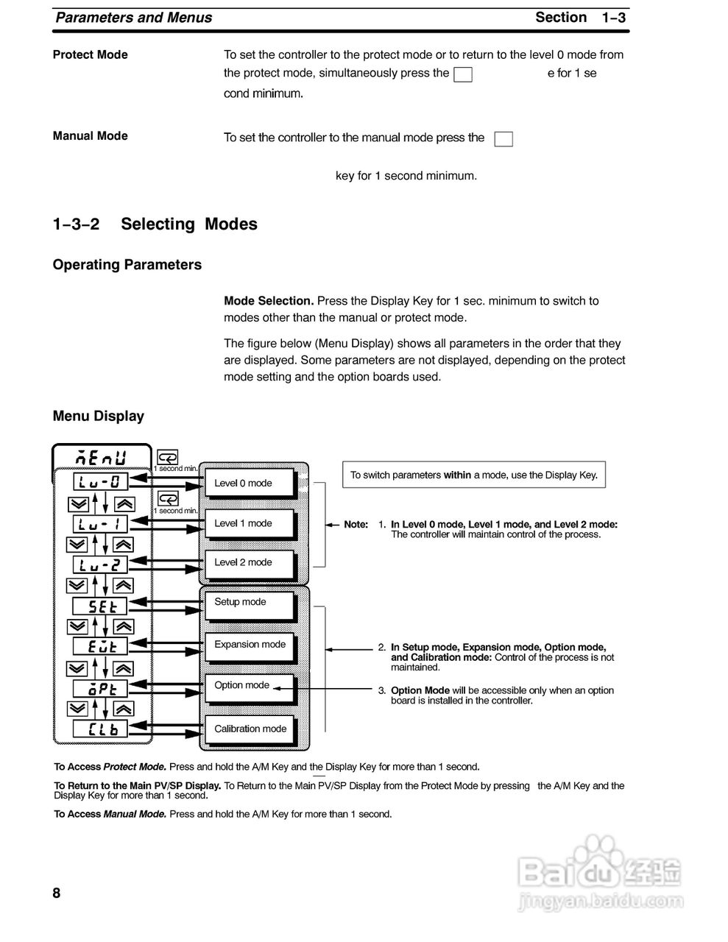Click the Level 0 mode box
pyautogui.click(x=250, y=484)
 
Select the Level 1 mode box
pyautogui.click(x=250, y=524)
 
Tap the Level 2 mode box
pyautogui.click(x=250, y=563)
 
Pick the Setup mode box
pyautogui.click(x=250, y=603)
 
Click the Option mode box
pyautogui.click(x=250, y=686)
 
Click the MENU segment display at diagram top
pyautogui.click(x=102, y=458)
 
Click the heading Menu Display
pyautogui.click(x=98, y=417)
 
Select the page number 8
pyautogui.click(x=57, y=893)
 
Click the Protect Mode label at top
pyautogui.click(x=90, y=55)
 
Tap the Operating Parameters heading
pyautogui.click(x=127, y=265)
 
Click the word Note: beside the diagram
pyautogui.click(x=356, y=525)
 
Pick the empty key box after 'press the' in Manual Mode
pyautogui.click(x=503, y=139)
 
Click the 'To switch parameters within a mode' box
pyautogui.click(x=473, y=475)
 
